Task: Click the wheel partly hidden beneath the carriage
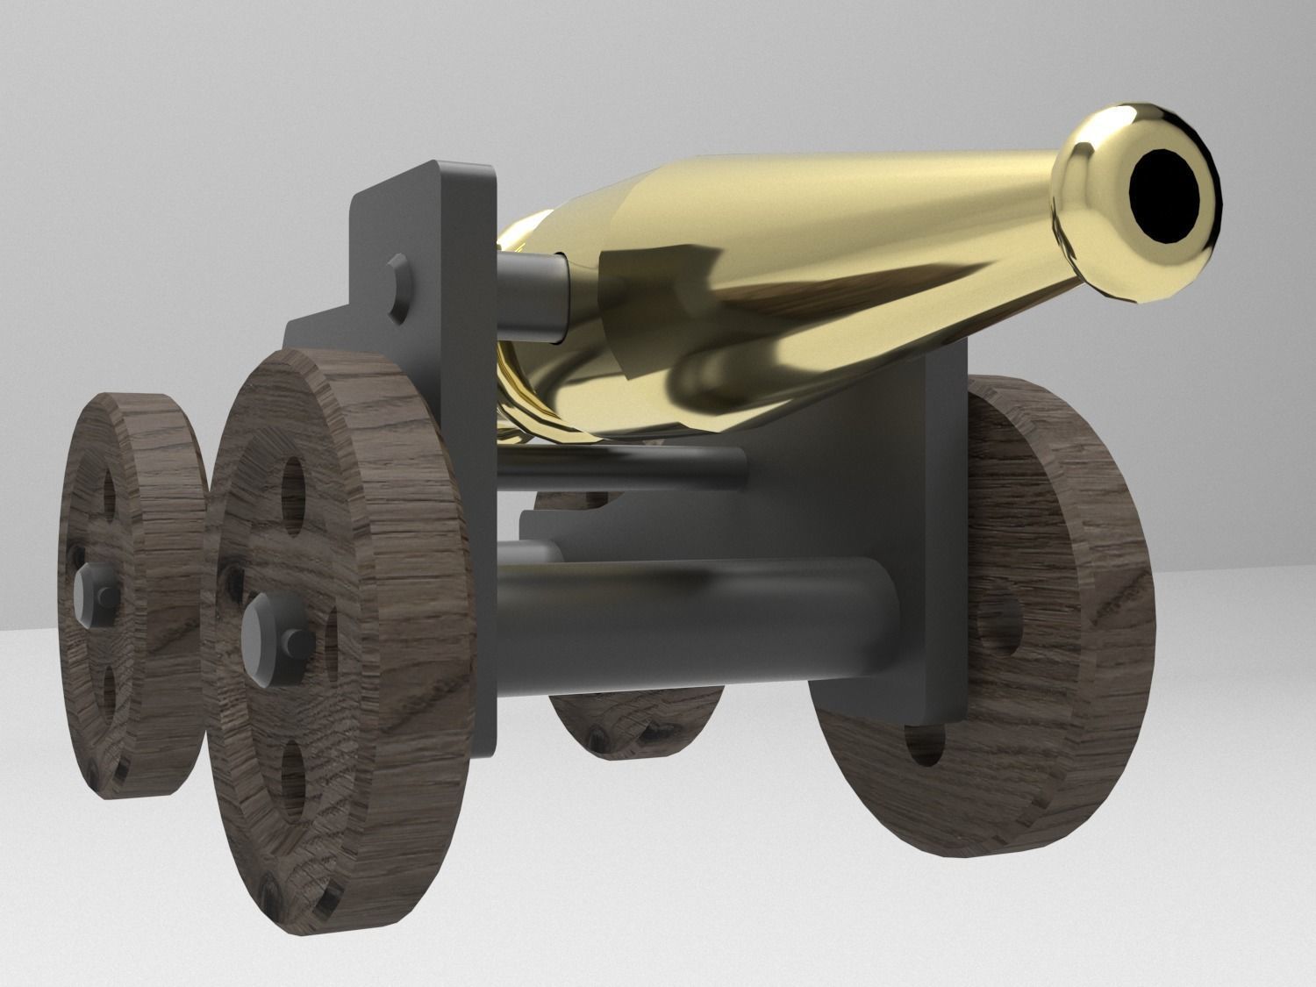coord(632,715)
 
